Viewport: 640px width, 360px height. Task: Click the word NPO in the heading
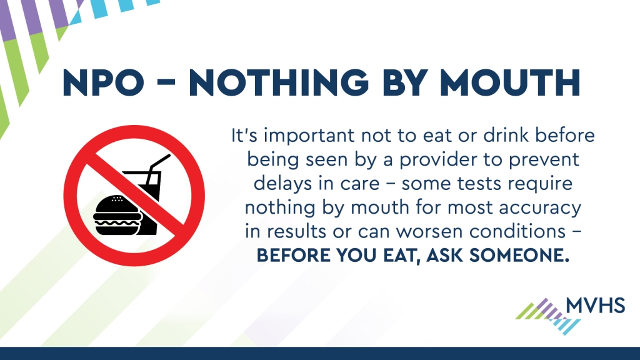[x=103, y=83]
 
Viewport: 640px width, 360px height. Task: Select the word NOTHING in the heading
[x=279, y=83]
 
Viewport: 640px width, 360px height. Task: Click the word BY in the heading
[x=404, y=83]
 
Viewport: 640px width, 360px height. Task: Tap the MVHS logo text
[x=596, y=305]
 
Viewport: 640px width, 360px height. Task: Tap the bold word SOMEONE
[x=519, y=256]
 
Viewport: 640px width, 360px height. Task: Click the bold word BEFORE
[x=293, y=256]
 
